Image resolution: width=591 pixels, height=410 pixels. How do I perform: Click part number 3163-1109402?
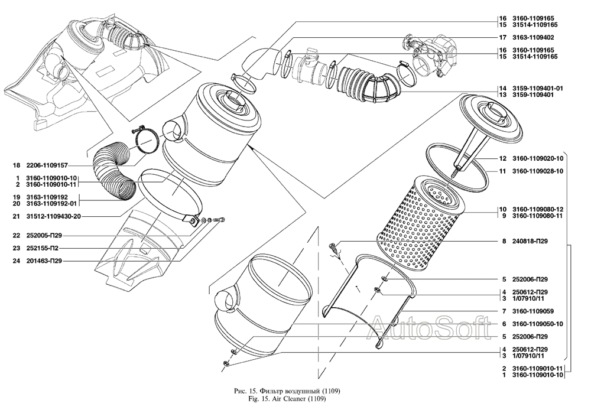pyautogui.click(x=534, y=37)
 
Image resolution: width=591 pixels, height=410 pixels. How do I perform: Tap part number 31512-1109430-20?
pyautogui.click(x=54, y=216)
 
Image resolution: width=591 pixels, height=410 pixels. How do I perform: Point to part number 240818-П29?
pyautogui.click(x=530, y=241)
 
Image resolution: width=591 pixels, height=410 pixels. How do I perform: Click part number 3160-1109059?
pyautogui.click(x=532, y=311)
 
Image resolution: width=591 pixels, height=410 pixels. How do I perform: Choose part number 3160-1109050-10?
pyautogui.click(x=537, y=324)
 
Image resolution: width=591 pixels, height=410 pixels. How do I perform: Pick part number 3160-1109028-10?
pyautogui.click(x=537, y=171)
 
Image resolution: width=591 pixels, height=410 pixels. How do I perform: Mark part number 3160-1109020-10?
pyautogui.click(x=537, y=159)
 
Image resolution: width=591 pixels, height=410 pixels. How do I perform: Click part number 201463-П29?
pyautogui.click(x=48, y=261)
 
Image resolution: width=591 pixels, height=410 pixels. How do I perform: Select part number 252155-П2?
pyautogui.click(x=46, y=248)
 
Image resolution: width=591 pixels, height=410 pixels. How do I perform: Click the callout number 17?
pyautogui.click(x=502, y=37)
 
